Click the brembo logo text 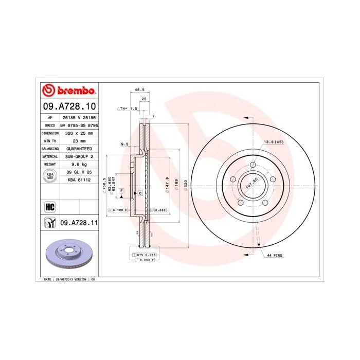click(74, 91)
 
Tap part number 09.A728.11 click(79, 223)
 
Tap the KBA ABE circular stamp click(50, 176)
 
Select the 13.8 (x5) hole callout click(273, 141)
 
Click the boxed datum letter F click(121, 191)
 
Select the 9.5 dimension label click(124, 145)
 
